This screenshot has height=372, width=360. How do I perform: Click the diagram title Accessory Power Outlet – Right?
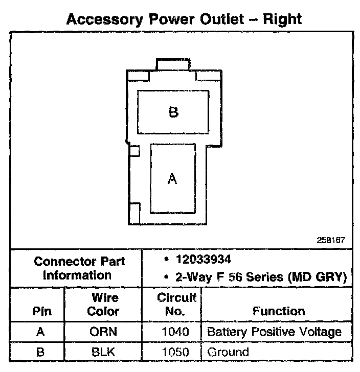click(x=185, y=20)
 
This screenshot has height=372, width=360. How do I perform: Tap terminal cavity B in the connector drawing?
click(x=173, y=112)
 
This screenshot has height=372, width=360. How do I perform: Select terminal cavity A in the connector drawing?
click(x=173, y=178)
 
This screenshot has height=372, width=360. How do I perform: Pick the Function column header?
click(x=279, y=311)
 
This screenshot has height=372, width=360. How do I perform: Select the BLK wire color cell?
click(x=103, y=352)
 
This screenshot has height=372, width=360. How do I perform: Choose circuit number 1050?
click(x=175, y=352)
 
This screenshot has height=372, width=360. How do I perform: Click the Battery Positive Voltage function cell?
click(x=274, y=332)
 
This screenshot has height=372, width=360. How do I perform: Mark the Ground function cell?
click(x=228, y=352)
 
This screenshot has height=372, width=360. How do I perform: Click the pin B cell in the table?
click(x=40, y=352)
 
